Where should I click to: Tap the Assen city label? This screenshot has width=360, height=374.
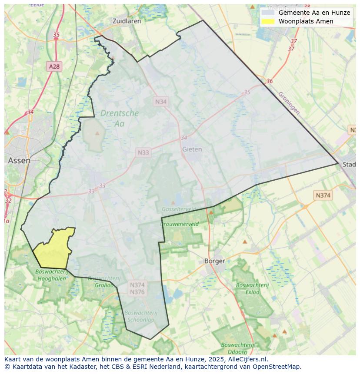pyautogui.click(x=19, y=160)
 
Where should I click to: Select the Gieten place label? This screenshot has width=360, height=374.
pyautogui.click(x=192, y=149)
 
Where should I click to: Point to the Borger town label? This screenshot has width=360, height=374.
pyautogui.click(x=215, y=261)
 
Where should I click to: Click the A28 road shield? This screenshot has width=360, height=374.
pyautogui.click(x=54, y=66)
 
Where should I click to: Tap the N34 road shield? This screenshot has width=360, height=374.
pyautogui.click(x=161, y=101)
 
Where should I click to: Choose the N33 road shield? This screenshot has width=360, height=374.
pyautogui.click(x=143, y=152)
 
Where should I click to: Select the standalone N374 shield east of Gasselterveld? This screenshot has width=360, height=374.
pyautogui.click(x=323, y=195)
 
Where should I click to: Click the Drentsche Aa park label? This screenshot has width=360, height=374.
pyautogui.click(x=119, y=118)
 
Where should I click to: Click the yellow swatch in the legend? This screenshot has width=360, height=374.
pyautogui.click(x=268, y=21)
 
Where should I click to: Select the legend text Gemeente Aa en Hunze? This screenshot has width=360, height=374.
pyautogui.click(x=314, y=13)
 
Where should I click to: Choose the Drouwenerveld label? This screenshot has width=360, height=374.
pyautogui.click(x=179, y=224)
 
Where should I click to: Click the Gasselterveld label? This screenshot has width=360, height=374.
pyautogui.click(x=178, y=209)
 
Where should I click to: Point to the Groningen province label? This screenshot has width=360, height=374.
pyautogui.click(x=289, y=103)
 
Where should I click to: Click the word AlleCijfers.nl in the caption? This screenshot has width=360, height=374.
pyautogui.click(x=248, y=359)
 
